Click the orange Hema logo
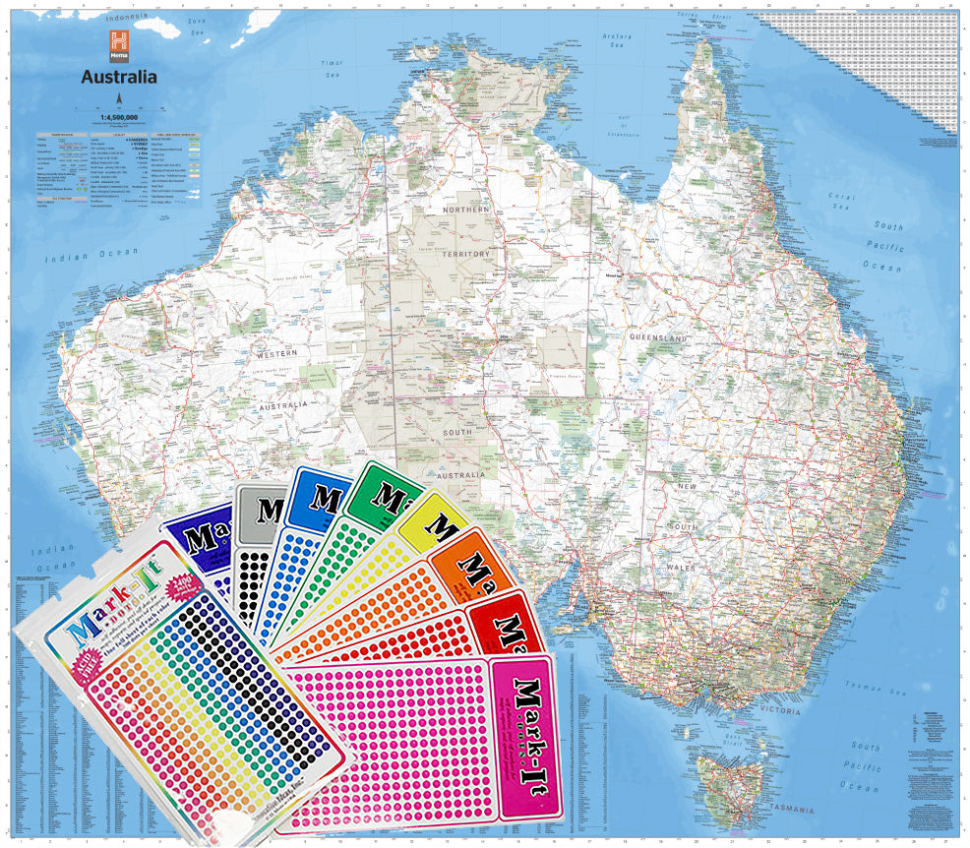(x=118, y=43)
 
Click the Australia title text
(x=118, y=76)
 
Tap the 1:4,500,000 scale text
(x=118, y=117)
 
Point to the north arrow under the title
(x=118, y=98)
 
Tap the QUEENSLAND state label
(x=658, y=337)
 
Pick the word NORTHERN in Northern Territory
(x=465, y=211)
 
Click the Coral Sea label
(x=840, y=202)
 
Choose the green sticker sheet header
(x=386, y=488)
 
